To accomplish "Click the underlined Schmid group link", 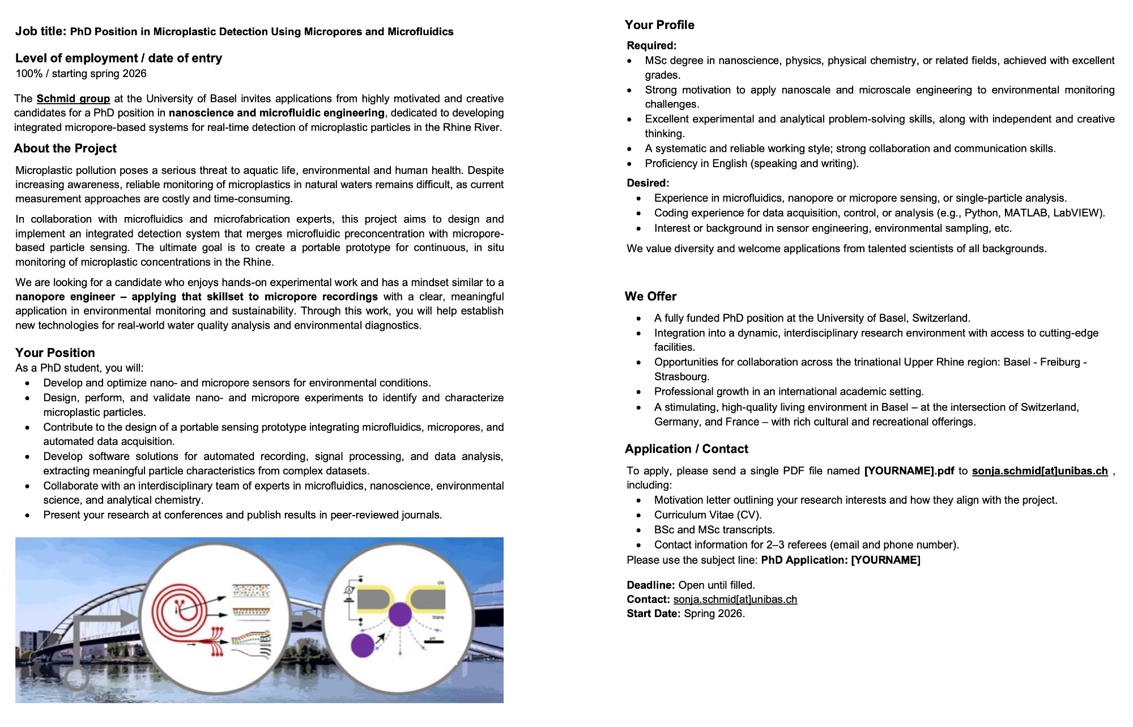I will coord(73,99).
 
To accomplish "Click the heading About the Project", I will coord(65,148).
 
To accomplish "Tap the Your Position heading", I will coord(55,352).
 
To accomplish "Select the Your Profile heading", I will coord(659,25).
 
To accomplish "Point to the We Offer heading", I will coord(650,296).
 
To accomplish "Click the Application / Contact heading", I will coord(686,449).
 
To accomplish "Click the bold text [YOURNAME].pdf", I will coord(909,471).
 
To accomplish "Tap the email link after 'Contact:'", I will coord(735,600).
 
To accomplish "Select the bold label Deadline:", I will coord(650,585).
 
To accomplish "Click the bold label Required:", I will coord(651,46).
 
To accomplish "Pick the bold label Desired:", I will coord(648,183).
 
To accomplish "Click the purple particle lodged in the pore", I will coord(400,614).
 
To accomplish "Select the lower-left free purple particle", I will coord(363,646).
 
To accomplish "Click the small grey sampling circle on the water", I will coord(75,679).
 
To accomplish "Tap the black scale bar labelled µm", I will coord(433,642).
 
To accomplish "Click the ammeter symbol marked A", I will coord(350,591).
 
